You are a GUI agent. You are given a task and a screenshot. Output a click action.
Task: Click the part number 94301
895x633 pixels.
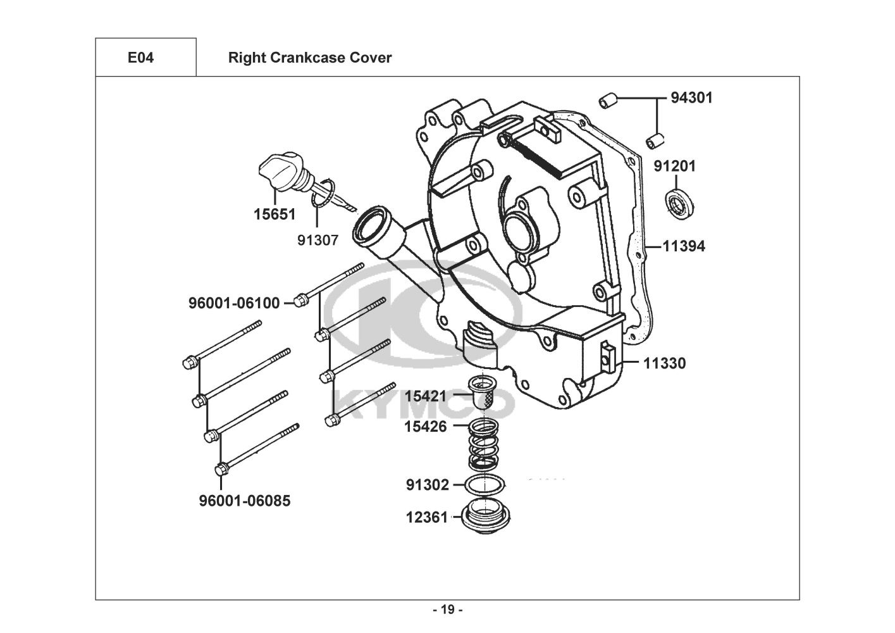691,98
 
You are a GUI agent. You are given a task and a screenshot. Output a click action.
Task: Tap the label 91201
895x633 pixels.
674,166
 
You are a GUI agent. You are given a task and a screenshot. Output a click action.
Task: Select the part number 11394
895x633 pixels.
684,246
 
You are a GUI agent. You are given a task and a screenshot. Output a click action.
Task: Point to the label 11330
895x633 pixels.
665,363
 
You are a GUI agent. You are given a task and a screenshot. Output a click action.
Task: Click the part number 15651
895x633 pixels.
275,215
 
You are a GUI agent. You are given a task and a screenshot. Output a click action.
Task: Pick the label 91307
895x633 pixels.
318,241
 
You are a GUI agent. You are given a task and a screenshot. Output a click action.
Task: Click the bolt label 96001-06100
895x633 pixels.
234,303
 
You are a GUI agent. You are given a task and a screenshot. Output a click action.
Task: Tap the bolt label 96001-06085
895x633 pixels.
245,501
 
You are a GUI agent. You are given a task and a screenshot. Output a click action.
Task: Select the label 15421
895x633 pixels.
426,396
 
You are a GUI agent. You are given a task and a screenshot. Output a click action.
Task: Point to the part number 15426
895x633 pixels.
425,427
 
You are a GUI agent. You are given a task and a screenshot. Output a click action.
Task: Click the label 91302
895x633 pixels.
428,485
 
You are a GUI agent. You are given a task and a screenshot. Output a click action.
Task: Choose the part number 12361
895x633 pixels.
427,517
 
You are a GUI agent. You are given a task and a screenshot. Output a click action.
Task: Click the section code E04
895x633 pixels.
140,58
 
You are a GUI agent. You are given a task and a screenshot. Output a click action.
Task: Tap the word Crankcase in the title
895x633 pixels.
307,58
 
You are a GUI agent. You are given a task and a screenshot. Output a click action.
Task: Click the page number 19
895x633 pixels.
448,610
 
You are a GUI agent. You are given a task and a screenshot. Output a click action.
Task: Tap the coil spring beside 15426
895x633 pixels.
483,444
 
